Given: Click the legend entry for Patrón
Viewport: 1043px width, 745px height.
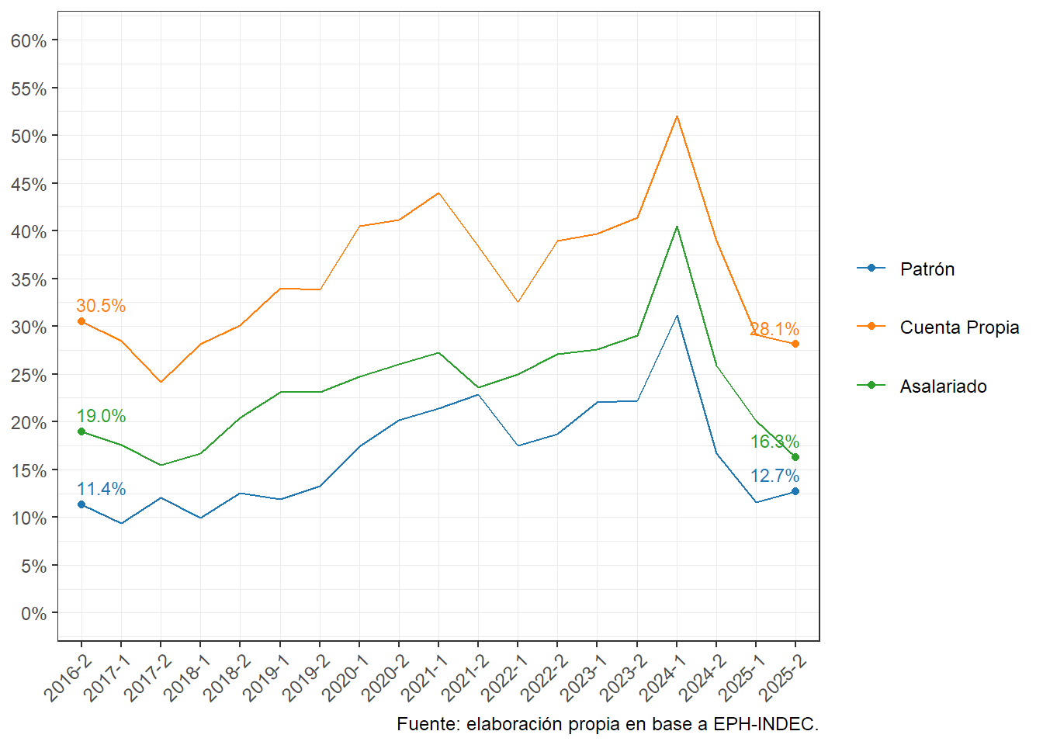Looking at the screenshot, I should [927, 269].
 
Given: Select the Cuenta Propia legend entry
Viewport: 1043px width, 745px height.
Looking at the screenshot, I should [958, 327].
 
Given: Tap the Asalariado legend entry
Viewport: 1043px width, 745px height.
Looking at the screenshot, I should [942, 386].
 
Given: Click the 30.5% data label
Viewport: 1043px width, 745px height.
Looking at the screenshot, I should [101, 306].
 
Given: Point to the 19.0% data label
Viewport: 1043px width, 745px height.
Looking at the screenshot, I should [101, 416].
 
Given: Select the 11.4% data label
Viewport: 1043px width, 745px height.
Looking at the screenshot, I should [101, 489].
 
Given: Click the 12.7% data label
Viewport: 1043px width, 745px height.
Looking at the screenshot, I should [774, 476].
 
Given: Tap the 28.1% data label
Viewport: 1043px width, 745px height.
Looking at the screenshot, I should [774, 329].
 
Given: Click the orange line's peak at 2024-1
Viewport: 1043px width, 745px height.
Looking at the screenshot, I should [677, 116].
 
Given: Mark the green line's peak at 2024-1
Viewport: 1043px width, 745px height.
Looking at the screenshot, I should [677, 227].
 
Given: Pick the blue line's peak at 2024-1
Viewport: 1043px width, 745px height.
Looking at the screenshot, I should [677, 316].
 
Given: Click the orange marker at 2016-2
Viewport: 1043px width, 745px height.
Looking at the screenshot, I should [81, 321].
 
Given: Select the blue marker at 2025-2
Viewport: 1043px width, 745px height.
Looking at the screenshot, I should [795, 491].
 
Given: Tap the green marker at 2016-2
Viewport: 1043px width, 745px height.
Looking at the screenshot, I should [81, 431].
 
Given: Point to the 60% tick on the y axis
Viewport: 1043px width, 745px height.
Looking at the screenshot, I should [29, 40].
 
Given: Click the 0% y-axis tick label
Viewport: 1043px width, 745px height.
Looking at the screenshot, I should [33, 614].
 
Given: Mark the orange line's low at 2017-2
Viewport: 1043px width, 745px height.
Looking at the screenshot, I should [161, 382].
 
